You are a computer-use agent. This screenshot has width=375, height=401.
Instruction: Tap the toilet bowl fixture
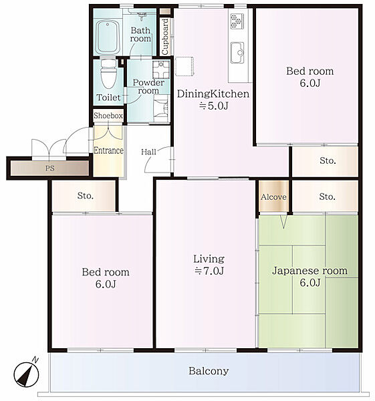108,74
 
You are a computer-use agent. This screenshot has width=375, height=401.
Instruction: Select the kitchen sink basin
237,52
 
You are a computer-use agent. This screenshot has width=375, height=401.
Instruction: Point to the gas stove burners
237,21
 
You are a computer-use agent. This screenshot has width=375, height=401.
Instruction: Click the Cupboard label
165,37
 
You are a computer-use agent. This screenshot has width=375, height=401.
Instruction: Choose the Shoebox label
108,116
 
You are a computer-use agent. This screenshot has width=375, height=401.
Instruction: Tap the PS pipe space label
50,168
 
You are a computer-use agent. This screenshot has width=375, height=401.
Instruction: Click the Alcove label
273,196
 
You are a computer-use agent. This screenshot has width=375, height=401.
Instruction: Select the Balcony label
209,371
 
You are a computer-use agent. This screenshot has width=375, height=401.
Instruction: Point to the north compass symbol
26,374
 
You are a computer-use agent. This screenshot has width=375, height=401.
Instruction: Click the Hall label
148,152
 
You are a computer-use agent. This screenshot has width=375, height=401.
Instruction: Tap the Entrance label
108,150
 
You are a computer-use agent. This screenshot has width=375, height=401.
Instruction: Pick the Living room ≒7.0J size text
209,271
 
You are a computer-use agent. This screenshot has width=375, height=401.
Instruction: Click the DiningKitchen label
213,94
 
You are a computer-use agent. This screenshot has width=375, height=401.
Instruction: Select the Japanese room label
309,271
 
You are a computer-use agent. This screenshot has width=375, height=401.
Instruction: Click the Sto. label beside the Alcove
327,196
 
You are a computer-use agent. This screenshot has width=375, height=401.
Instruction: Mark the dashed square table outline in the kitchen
184,66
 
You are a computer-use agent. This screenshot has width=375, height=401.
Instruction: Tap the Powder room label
148,86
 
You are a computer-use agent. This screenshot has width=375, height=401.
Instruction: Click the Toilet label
108,98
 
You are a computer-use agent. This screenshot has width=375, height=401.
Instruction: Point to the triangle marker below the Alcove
283,221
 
